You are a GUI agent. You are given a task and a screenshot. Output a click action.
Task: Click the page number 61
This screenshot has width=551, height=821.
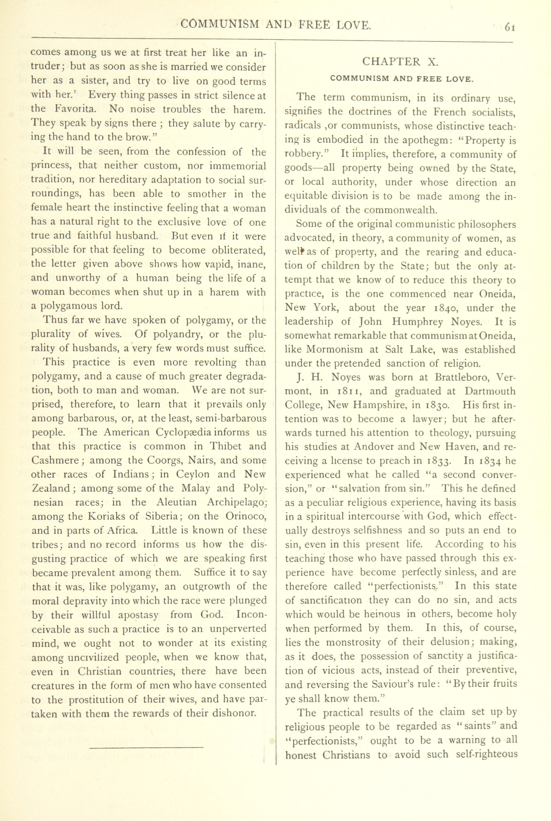(x=510, y=27)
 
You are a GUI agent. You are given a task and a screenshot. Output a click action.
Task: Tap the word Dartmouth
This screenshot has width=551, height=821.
(x=490, y=391)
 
